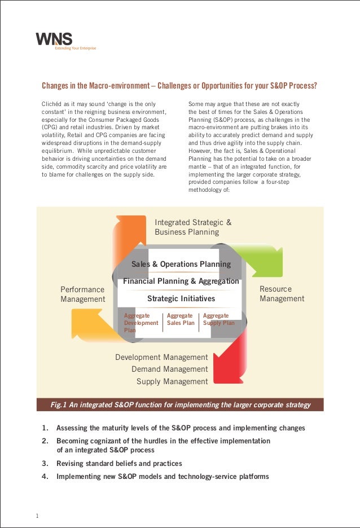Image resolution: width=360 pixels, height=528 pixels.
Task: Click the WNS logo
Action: tap(55, 39)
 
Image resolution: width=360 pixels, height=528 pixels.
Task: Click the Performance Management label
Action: tap(82, 294)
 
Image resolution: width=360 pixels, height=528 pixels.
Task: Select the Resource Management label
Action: tap(282, 294)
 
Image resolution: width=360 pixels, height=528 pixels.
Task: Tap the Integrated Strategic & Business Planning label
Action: tap(193, 227)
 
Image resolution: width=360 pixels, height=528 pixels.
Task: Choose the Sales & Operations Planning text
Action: tap(181, 264)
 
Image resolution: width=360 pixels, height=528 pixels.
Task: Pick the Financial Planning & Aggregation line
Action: tap(181, 281)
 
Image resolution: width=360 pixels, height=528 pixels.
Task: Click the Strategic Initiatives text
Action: tap(181, 298)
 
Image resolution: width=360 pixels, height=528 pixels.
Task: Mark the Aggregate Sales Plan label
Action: tap(181, 319)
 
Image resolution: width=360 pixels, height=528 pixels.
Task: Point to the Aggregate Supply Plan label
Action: tap(218, 319)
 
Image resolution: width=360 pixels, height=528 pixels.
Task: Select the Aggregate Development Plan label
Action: tap(141, 323)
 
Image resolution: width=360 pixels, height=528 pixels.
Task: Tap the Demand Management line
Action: tap(169, 369)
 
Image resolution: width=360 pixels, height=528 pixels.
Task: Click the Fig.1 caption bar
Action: tap(180, 404)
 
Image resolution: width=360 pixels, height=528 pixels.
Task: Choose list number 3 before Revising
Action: tap(44, 464)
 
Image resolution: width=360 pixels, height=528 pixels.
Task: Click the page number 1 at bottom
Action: tap(37, 516)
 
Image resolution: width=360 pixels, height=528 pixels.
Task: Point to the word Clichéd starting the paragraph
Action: tap(51, 104)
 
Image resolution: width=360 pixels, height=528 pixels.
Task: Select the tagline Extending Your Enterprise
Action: tap(75, 49)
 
